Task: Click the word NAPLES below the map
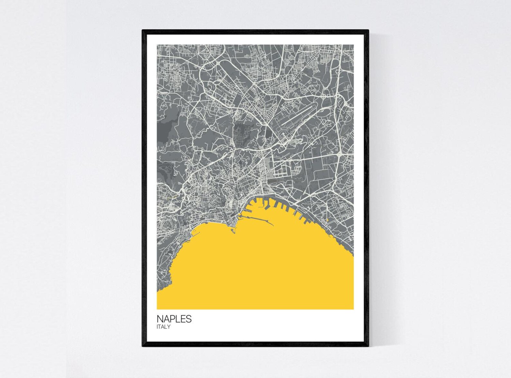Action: click(174, 319)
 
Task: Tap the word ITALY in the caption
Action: click(163, 327)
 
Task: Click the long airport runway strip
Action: click(300, 119)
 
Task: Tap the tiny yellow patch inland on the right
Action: click(327, 220)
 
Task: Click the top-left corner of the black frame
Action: click(143, 31)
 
